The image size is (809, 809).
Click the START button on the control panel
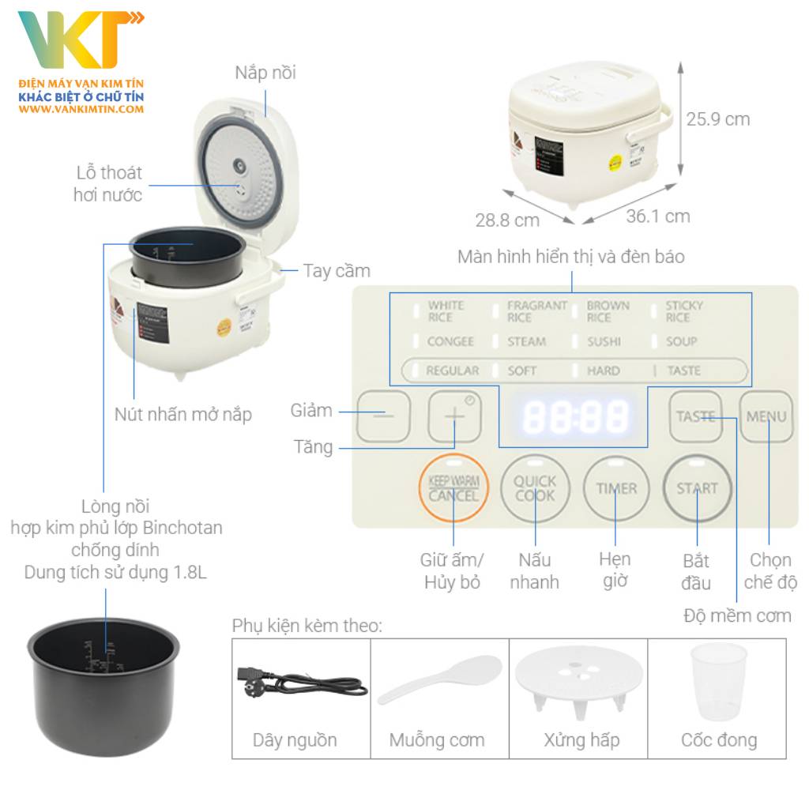click(697, 488)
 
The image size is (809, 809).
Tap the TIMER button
click(616, 488)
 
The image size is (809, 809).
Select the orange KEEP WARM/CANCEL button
click(453, 488)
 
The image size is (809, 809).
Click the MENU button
click(766, 416)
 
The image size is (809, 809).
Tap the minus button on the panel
click(383, 416)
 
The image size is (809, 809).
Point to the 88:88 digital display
click(576, 416)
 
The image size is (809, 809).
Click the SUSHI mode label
click(604, 341)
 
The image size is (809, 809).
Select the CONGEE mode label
click(450, 341)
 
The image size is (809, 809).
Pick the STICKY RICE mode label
click(683, 311)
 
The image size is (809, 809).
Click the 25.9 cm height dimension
click(717, 119)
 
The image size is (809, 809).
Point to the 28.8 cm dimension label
click(507, 220)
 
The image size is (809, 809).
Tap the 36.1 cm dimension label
click(658, 216)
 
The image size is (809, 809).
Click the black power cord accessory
click(301, 683)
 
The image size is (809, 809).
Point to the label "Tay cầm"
click(337, 271)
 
